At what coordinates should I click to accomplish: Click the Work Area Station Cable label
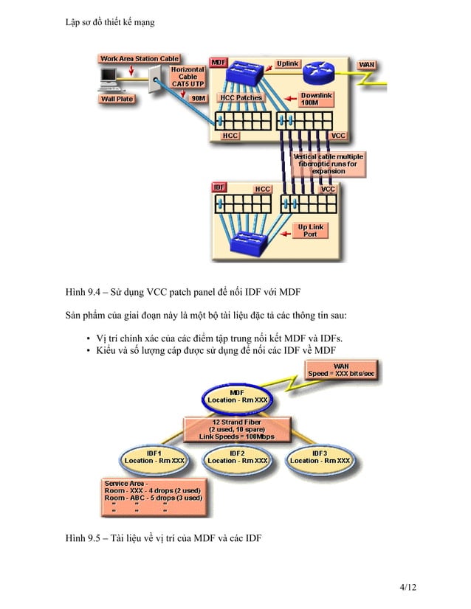[x=140, y=58]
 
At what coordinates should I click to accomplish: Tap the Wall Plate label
[x=117, y=98]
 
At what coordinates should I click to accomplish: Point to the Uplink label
[x=288, y=63]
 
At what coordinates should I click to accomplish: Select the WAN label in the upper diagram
[x=367, y=65]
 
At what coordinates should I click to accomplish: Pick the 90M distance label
[x=198, y=97]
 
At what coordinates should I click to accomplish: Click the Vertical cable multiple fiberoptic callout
[x=329, y=164]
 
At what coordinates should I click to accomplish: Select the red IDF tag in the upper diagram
[x=219, y=188]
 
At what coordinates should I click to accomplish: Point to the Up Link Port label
[x=311, y=231]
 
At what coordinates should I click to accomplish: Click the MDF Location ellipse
[x=237, y=397]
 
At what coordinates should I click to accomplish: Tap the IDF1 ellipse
[x=154, y=457]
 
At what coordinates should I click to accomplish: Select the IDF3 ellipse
[x=320, y=457]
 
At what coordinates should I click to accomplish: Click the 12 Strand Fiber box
[x=236, y=428]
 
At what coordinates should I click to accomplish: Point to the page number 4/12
[x=408, y=587]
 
